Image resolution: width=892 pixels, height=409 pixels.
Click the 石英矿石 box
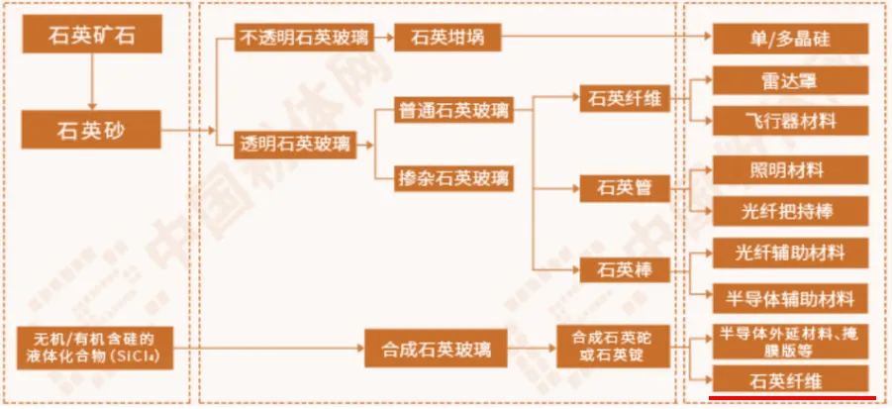(x=91, y=38)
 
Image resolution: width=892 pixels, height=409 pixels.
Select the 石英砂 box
(x=91, y=130)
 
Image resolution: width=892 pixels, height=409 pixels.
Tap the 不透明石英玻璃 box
(x=303, y=39)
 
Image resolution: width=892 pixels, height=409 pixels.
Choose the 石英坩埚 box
(x=447, y=39)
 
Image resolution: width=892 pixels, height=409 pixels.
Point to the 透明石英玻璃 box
(x=294, y=145)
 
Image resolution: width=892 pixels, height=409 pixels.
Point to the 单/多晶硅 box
(x=791, y=39)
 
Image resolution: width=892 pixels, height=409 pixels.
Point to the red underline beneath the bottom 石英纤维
(x=791, y=398)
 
